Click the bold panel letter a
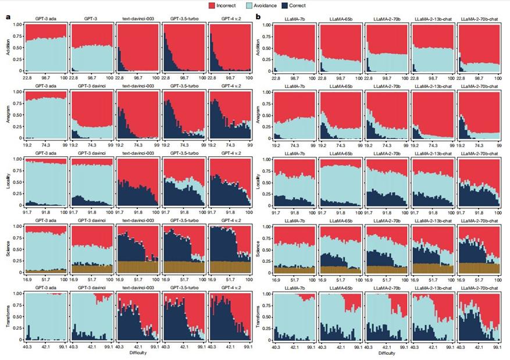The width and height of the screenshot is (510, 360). coord(8,17)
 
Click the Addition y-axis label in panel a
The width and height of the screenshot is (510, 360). coord(8,48)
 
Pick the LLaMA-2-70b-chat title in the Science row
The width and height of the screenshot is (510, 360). coord(479,221)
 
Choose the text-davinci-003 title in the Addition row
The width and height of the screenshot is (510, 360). coord(137,19)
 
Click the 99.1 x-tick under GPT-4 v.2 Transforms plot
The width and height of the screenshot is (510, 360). coord(249,347)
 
